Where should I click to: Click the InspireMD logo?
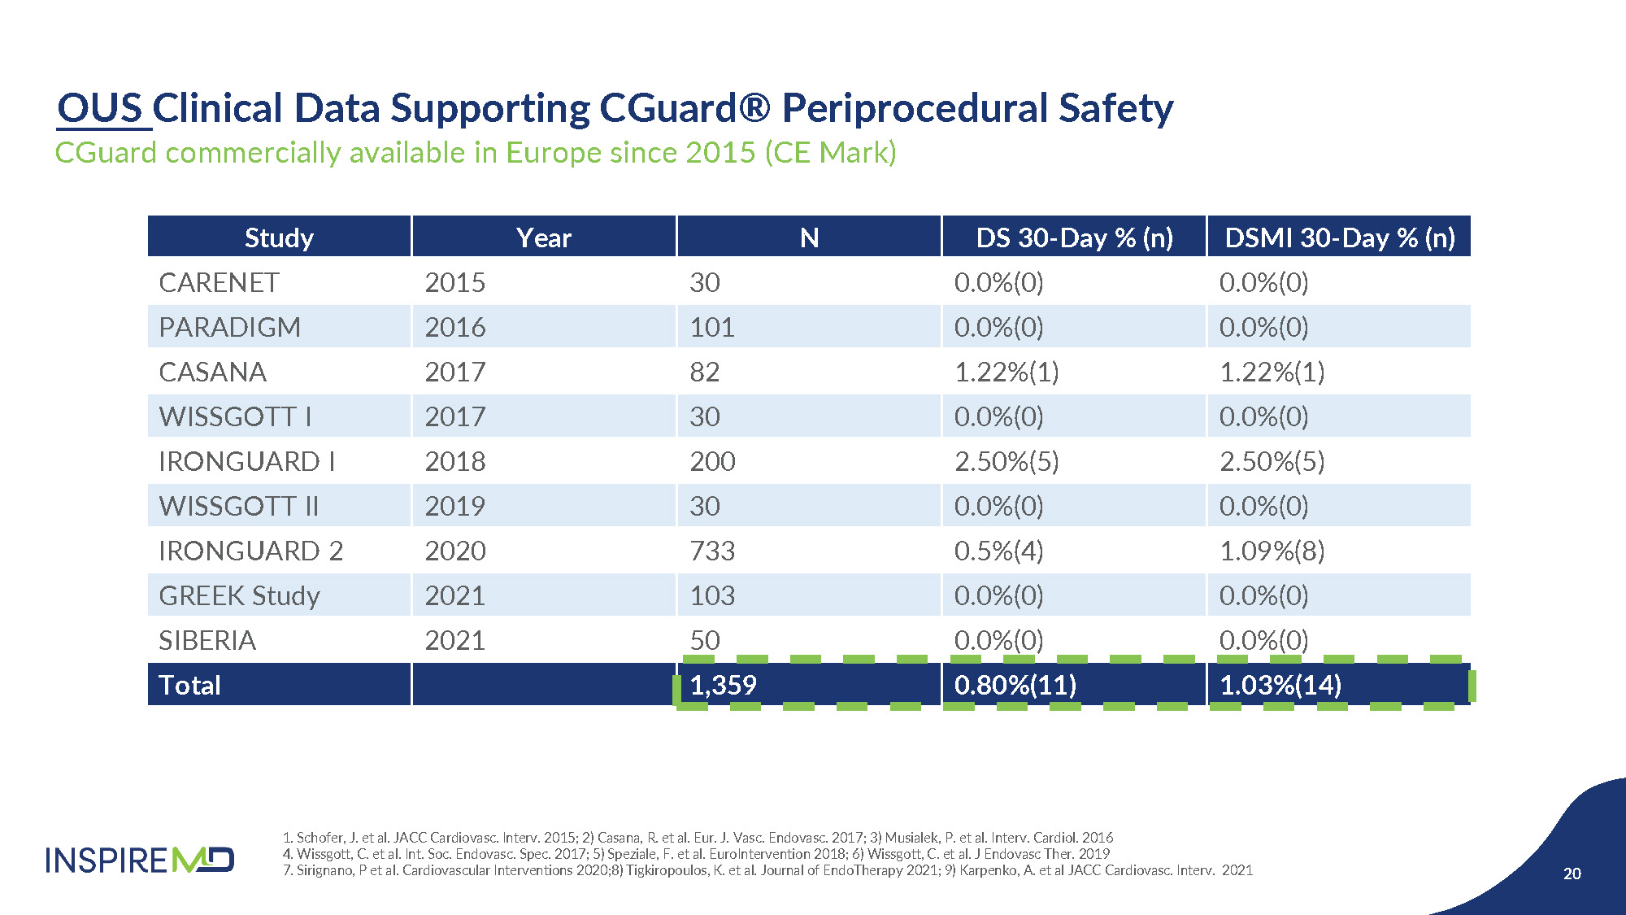coord(140,860)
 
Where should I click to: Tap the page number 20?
coord(1572,874)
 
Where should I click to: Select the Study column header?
coord(279,237)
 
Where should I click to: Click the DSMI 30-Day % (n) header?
coord(1339,237)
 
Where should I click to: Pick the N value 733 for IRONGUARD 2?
coord(712,551)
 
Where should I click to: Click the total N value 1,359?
coord(723,685)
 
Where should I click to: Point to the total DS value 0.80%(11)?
coord(1015,685)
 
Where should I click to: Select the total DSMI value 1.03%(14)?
coord(1280,685)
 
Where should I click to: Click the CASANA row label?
coord(213,372)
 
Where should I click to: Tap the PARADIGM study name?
coord(230,327)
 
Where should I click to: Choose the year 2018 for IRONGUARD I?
coord(455,461)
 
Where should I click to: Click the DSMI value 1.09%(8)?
coord(1272,551)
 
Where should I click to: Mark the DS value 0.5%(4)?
coord(998,551)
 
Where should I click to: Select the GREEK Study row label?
coord(240,595)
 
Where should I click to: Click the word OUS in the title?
coord(100,108)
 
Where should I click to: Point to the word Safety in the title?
coord(1115,108)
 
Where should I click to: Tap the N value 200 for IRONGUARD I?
coord(712,461)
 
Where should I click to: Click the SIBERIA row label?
coord(207,640)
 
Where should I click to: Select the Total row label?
coord(189,685)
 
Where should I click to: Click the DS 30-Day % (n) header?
coord(1074,237)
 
